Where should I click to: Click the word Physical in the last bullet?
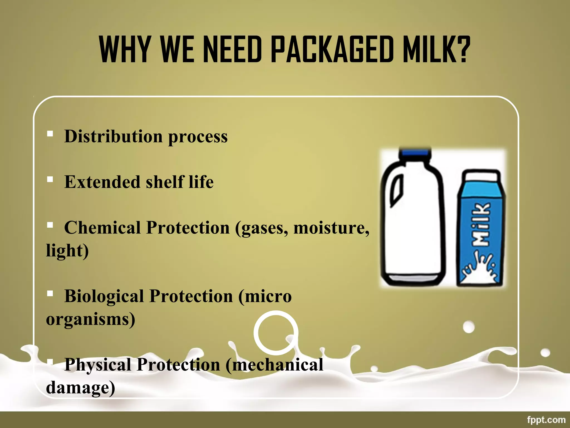tap(97, 364)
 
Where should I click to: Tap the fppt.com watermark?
tap(546, 420)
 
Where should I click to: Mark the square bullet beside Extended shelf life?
tap(50, 179)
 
